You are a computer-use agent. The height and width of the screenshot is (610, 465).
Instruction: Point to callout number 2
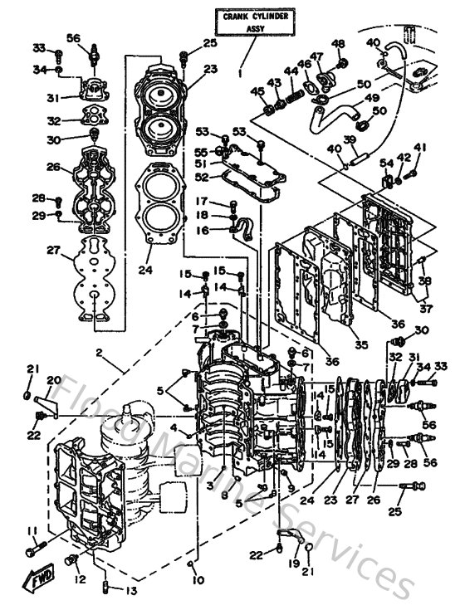point(99,354)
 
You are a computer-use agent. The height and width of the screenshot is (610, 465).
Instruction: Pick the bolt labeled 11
point(35,548)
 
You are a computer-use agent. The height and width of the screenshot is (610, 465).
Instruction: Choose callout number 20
point(54,381)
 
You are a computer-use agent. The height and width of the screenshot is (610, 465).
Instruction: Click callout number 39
point(350,139)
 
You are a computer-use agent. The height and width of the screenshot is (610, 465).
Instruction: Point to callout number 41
point(419,148)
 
